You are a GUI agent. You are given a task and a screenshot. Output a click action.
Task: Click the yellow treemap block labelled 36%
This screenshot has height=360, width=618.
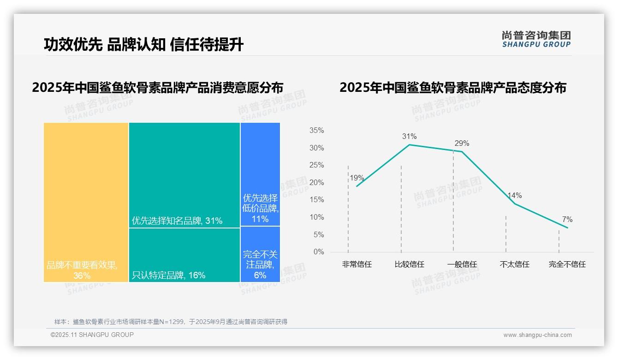pyautogui.click(x=86, y=202)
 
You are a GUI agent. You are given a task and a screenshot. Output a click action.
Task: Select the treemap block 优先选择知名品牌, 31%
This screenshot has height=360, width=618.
pyautogui.click(x=184, y=175)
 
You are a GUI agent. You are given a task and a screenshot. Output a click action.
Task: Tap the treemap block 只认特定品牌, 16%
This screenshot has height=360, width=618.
pyautogui.click(x=184, y=255)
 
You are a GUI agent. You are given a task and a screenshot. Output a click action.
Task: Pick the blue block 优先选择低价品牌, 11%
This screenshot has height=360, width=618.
pyautogui.click(x=260, y=174)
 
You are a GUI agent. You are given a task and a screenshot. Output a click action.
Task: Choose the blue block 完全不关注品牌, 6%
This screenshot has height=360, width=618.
pyautogui.click(x=260, y=254)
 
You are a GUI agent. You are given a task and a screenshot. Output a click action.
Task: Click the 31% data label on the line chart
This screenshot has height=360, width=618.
pyautogui.click(x=409, y=136)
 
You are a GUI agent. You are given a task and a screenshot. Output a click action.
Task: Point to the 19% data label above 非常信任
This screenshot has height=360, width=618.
pyautogui.click(x=357, y=178)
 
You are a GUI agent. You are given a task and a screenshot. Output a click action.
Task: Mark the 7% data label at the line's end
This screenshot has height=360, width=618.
pyautogui.click(x=567, y=219)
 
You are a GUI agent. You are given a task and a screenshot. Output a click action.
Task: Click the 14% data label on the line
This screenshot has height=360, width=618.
pyautogui.click(x=514, y=195)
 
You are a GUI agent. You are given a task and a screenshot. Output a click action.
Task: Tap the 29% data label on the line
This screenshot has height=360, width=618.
pyautogui.click(x=462, y=143)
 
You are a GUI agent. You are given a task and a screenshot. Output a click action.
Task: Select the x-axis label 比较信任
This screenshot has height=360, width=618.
pyautogui.click(x=409, y=264)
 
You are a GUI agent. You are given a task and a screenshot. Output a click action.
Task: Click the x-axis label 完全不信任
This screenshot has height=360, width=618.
pyautogui.click(x=567, y=264)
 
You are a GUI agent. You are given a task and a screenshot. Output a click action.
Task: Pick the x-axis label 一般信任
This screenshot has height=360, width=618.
pyautogui.click(x=462, y=264)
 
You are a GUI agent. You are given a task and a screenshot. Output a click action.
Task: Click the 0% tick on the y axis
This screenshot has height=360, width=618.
pyautogui.click(x=319, y=252)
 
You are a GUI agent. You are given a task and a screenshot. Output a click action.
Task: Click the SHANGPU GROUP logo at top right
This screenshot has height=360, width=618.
pyautogui.click(x=536, y=39)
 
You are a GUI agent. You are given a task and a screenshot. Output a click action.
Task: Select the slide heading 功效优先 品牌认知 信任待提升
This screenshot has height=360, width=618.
pyautogui.click(x=143, y=44)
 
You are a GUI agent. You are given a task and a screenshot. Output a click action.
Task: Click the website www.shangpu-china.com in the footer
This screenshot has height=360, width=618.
pyautogui.click(x=537, y=335)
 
